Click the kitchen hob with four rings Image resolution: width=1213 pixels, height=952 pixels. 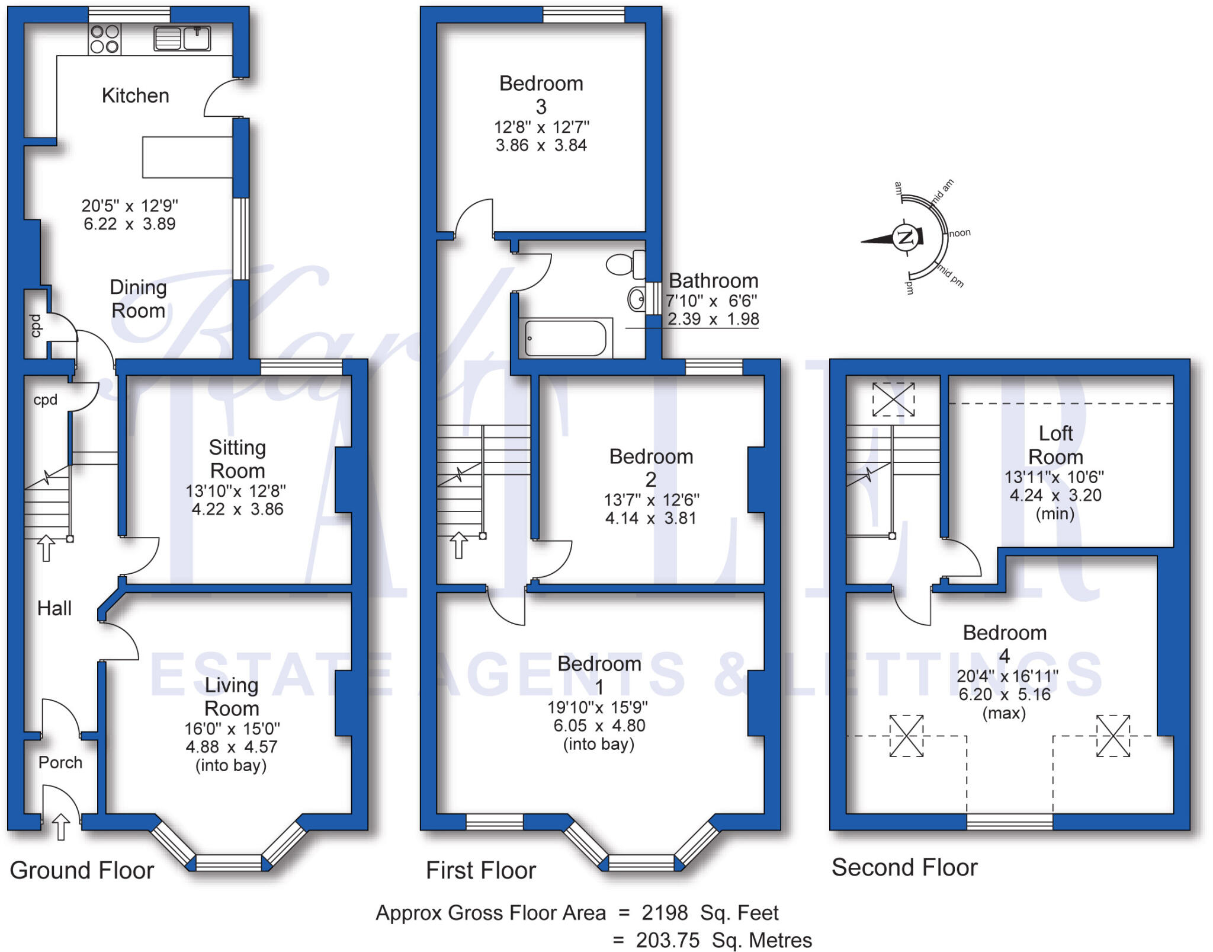[105, 39]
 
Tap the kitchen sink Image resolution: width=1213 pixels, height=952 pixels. [182, 39]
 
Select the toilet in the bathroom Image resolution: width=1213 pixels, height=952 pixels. [624, 264]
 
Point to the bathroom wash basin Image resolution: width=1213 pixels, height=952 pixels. [637, 299]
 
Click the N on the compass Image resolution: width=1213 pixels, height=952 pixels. [905, 238]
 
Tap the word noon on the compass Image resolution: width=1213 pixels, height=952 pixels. [960, 233]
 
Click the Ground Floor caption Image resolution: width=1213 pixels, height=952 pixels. [82, 870]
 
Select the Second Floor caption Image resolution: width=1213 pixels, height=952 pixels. [904, 867]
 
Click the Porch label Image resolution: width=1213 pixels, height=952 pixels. [60, 762]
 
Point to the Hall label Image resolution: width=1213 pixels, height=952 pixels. [54, 608]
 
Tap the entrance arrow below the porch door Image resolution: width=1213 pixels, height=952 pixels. [61, 826]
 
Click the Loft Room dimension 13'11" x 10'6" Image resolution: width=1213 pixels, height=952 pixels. [1054, 477]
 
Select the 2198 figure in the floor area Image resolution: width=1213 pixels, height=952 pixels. [665, 913]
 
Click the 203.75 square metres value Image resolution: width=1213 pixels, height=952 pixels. [668, 940]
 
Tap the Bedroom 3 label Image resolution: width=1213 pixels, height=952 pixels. [541, 94]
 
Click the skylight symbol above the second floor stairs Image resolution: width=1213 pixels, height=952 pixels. [893, 399]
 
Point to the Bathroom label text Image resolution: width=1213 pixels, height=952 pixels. [713, 280]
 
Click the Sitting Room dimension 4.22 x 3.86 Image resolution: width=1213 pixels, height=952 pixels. [238, 509]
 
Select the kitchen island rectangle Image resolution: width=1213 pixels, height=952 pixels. [187, 157]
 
